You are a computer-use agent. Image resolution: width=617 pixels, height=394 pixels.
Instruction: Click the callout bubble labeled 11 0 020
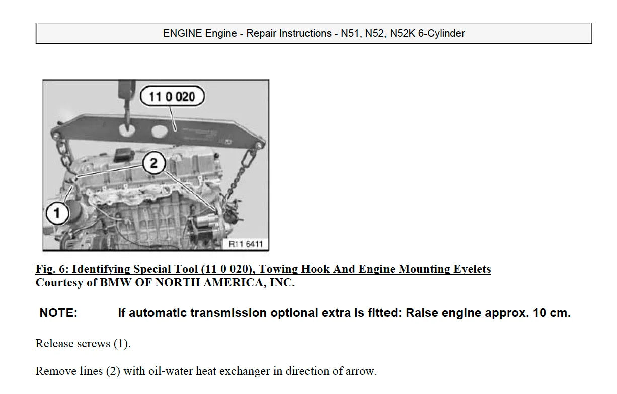pos(172,96)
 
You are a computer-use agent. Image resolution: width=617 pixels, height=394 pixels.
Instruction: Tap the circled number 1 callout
pos(56,213)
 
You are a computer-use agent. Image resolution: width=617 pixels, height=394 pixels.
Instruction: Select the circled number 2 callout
pos(153,163)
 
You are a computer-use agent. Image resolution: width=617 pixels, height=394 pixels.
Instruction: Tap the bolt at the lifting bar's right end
pos(259,144)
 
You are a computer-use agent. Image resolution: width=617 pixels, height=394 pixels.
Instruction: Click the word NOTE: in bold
pos(58,313)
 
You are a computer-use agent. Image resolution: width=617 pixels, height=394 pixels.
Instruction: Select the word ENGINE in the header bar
pos(182,34)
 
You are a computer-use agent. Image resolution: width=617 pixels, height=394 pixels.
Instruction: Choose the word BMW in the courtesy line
pos(114,283)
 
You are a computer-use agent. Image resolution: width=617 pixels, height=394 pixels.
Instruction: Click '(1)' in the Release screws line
pos(121,344)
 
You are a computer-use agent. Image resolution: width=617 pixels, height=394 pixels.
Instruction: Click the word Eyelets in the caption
pos(472,269)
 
